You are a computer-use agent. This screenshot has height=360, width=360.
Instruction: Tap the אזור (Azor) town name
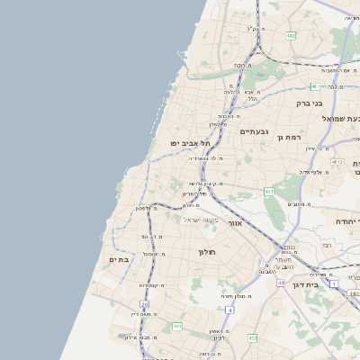click(236, 222)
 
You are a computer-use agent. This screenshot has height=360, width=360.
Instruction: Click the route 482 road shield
click(291, 36)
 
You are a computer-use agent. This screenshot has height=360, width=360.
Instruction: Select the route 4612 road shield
click(337, 161)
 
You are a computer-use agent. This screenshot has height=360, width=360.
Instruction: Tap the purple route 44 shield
click(281, 283)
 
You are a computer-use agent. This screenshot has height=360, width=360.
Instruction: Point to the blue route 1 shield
click(333, 284)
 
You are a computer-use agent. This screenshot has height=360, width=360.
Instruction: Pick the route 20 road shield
click(143, 305)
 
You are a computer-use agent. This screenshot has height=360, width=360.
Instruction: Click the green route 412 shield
click(252, 337)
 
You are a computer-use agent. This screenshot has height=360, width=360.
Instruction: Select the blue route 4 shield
click(230, 310)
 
